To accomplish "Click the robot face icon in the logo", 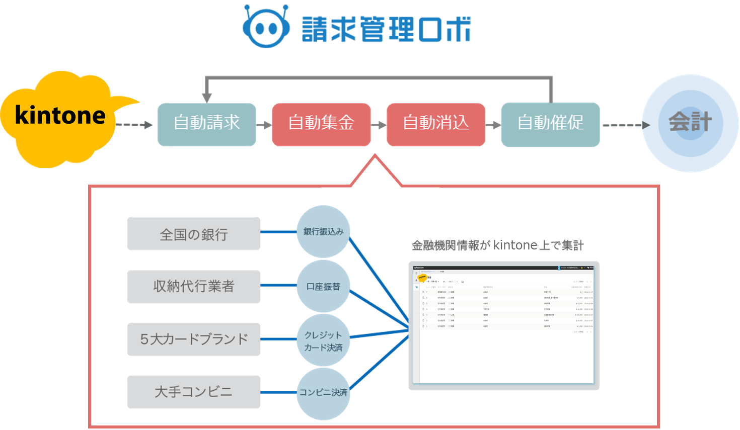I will tap(266, 28).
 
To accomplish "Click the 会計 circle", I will tap(690, 123).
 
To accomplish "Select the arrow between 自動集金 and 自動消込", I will tap(379, 125).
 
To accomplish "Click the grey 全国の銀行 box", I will tap(194, 234).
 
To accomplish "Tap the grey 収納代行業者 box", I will tap(194, 287).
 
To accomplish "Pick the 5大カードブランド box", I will tap(194, 339).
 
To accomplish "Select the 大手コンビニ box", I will tap(194, 392).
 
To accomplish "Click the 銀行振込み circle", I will tap(323, 232).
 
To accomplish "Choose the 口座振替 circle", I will tap(323, 286).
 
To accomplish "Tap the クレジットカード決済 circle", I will tap(323, 340).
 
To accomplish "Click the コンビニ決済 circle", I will tap(323, 393).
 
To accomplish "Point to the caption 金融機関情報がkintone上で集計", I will tap(497, 245).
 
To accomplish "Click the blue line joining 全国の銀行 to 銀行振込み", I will tap(278, 232).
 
